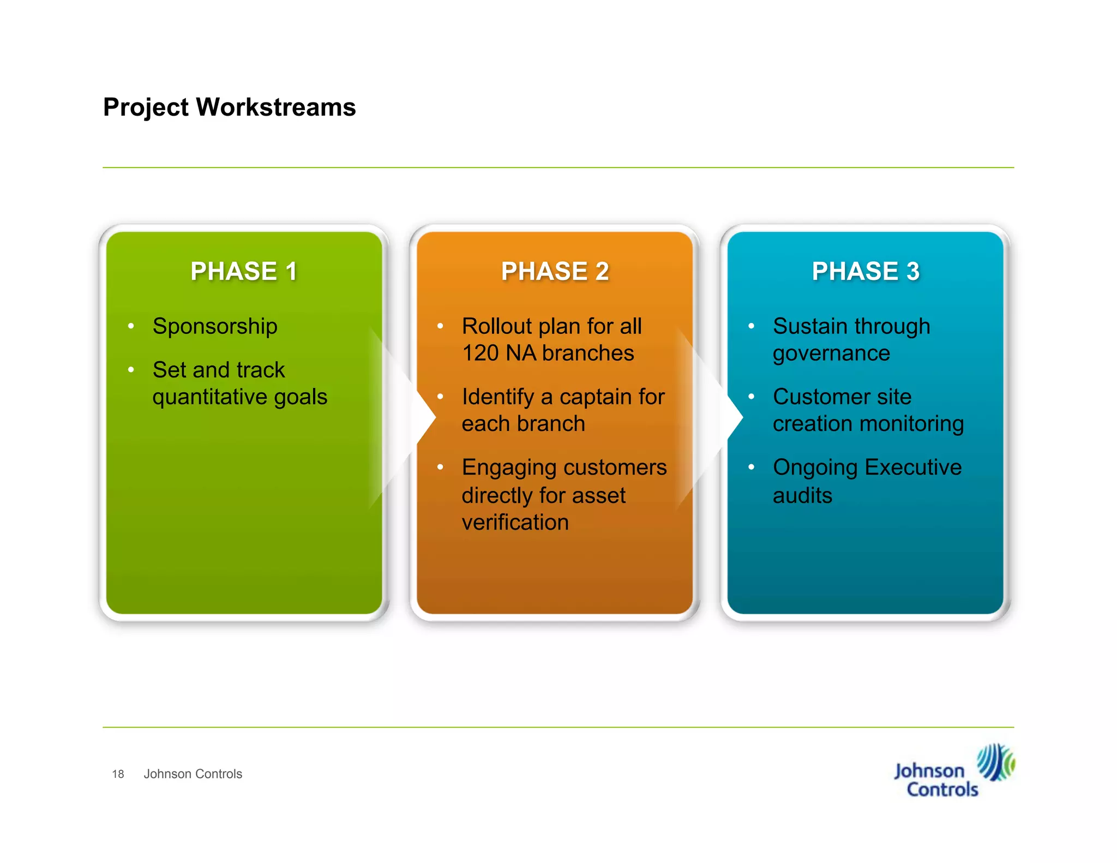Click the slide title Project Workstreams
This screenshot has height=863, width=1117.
click(x=229, y=107)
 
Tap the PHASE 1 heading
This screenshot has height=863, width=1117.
click(x=244, y=271)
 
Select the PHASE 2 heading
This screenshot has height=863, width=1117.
click(x=555, y=271)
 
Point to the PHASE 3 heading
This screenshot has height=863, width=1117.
click(x=866, y=271)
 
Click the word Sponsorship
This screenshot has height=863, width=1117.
click(x=215, y=327)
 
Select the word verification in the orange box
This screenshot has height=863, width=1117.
click(x=515, y=523)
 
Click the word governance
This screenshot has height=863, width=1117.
click(x=831, y=353)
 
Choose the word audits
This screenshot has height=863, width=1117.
click(x=802, y=496)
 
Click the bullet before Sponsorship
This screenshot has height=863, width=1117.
click(x=131, y=326)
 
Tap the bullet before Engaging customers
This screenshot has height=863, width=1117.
click(x=440, y=468)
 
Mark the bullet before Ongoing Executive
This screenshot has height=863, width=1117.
click(x=751, y=468)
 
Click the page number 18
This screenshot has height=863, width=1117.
click(x=118, y=774)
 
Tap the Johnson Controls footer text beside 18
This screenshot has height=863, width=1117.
click(x=193, y=774)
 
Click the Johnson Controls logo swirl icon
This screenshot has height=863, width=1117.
click(x=995, y=762)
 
